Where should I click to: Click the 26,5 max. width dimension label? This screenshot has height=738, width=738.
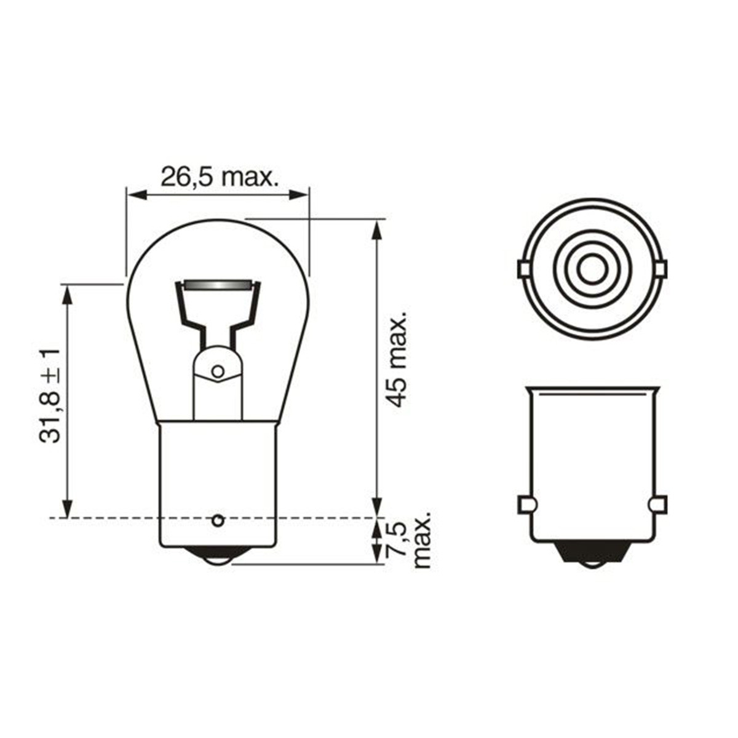click(219, 177)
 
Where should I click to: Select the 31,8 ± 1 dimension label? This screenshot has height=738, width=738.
click(50, 395)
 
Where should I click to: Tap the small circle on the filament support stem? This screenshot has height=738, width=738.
click(218, 371)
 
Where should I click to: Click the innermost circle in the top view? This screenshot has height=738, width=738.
click(592, 269)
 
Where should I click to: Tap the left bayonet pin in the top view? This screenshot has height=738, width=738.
click(523, 269)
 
